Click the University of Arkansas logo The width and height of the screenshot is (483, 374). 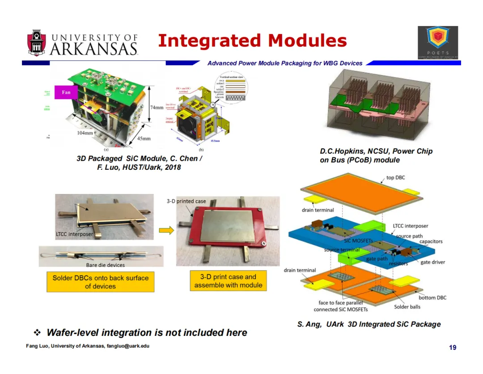(x=82, y=43)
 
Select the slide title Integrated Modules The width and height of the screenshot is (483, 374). (x=252, y=41)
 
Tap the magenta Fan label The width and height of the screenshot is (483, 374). (x=66, y=93)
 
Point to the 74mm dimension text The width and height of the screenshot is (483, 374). (x=157, y=107)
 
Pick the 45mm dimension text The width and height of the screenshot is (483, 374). (x=144, y=139)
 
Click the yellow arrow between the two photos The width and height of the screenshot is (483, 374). (x=166, y=230)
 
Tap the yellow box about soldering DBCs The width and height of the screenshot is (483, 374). (x=100, y=282)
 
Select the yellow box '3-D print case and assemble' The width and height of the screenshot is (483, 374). (x=228, y=281)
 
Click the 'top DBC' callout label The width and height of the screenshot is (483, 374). (x=395, y=178)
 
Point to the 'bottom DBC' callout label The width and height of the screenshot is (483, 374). (x=432, y=297)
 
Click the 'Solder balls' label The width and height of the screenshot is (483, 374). (x=407, y=307)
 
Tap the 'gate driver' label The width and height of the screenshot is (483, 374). (x=432, y=262)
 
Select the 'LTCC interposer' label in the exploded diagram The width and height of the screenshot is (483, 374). (x=410, y=226)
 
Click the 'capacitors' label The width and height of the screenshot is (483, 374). (x=431, y=241)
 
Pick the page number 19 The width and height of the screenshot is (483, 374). (x=453, y=348)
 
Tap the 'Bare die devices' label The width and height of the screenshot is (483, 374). (x=105, y=265)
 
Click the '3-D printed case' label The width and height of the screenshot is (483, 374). (x=186, y=201)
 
